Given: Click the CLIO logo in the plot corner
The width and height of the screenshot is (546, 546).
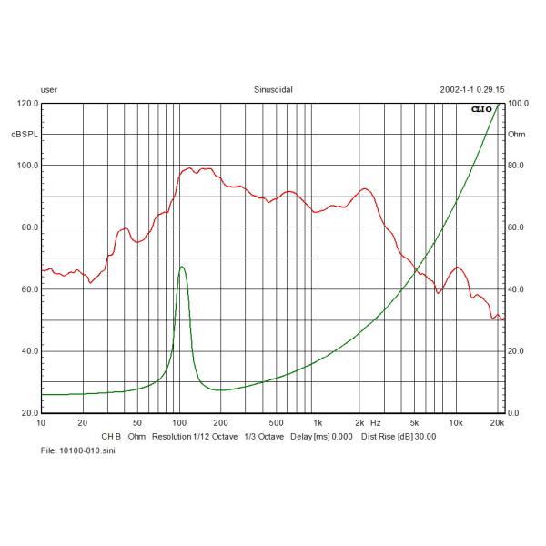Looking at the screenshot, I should [x=480, y=109].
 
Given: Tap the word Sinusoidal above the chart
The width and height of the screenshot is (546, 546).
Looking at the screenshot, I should [x=273, y=90].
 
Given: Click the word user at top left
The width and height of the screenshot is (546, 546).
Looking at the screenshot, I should [x=49, y=90].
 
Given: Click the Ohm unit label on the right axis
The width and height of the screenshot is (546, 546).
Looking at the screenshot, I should [x=517, y=135].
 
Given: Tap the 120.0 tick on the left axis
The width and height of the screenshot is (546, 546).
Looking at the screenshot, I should [x=26, y=104].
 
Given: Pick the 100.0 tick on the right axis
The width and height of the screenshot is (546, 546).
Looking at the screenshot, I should [x=518, y=104].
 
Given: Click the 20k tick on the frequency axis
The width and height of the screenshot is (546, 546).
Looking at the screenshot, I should [x=498, y=423].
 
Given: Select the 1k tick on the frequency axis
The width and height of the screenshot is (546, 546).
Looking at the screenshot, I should [x=317, y=423].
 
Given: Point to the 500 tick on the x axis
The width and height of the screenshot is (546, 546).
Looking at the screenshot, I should [x=275, y=423].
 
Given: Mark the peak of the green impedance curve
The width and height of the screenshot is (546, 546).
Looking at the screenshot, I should [x=182, y=267].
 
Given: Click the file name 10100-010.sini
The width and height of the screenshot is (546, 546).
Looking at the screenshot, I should [x=78, y=450].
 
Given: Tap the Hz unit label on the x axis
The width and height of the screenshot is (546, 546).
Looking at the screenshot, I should [x=375, y=423].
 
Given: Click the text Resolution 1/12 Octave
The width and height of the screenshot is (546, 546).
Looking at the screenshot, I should [x=197, y=436].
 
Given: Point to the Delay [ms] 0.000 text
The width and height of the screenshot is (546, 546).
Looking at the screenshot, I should [x=321, y=436].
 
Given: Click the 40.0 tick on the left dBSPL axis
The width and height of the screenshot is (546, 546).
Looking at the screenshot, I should [x=28, y=351].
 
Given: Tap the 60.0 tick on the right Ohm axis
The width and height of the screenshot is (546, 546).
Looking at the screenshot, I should [x=516, y=227].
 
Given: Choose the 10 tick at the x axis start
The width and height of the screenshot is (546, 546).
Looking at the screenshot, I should [x=41, y=423].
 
